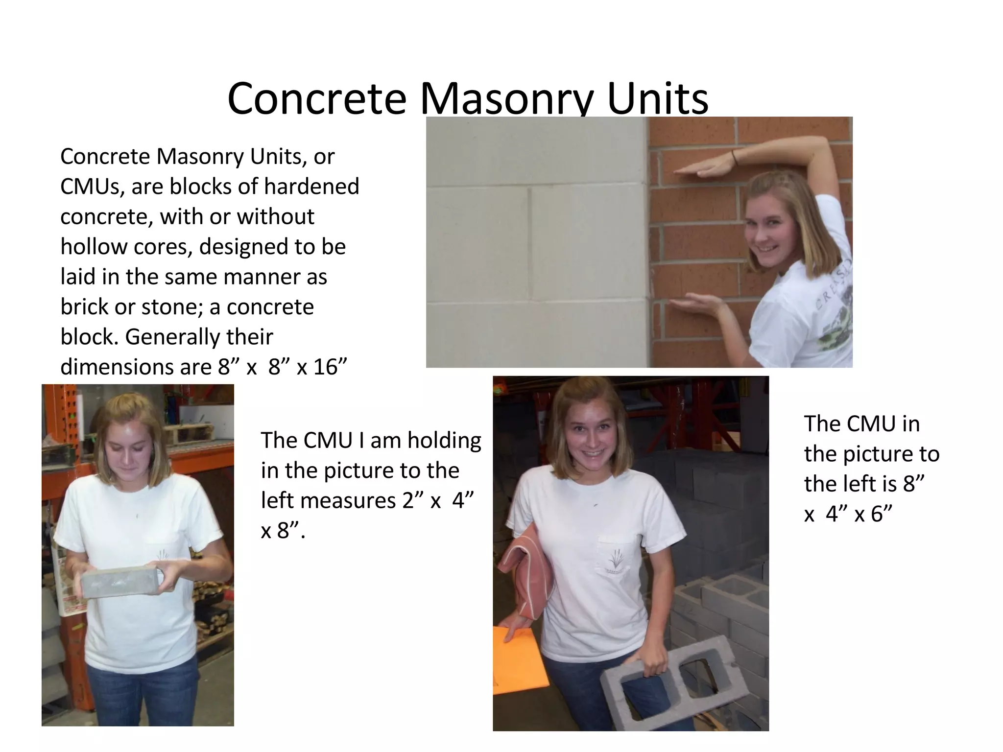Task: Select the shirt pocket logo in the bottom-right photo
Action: coord(613,559)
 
